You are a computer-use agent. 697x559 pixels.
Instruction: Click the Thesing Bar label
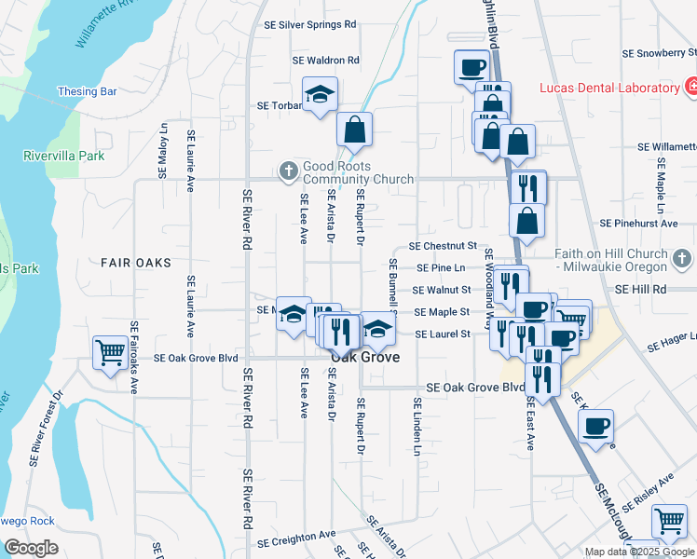click(89, 91)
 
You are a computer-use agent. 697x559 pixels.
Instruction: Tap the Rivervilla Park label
click(63, 156)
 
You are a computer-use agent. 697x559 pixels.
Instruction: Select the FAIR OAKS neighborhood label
click(136, 263)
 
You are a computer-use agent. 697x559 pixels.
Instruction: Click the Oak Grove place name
click(366, 357)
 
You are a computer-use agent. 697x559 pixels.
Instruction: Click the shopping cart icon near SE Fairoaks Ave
click(110, 353)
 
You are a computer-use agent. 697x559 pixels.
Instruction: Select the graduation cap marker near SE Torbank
click(320, 94)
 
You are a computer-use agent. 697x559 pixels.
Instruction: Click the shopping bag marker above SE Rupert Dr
click(354, 130)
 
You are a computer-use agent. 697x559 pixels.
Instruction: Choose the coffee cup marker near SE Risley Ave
click(595, 426)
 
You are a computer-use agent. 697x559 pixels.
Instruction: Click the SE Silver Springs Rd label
click(310, 25)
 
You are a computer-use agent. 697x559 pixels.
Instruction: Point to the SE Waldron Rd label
click(325, 60)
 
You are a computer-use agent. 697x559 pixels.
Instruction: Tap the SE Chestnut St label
click(444, 246)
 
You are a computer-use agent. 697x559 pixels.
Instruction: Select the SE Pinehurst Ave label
click(638, 224)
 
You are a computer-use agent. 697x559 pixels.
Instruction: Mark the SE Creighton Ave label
click(296, 539)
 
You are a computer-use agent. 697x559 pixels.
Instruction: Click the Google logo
click(32, 548)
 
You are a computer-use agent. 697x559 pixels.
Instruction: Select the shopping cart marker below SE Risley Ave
click(669, 522)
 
